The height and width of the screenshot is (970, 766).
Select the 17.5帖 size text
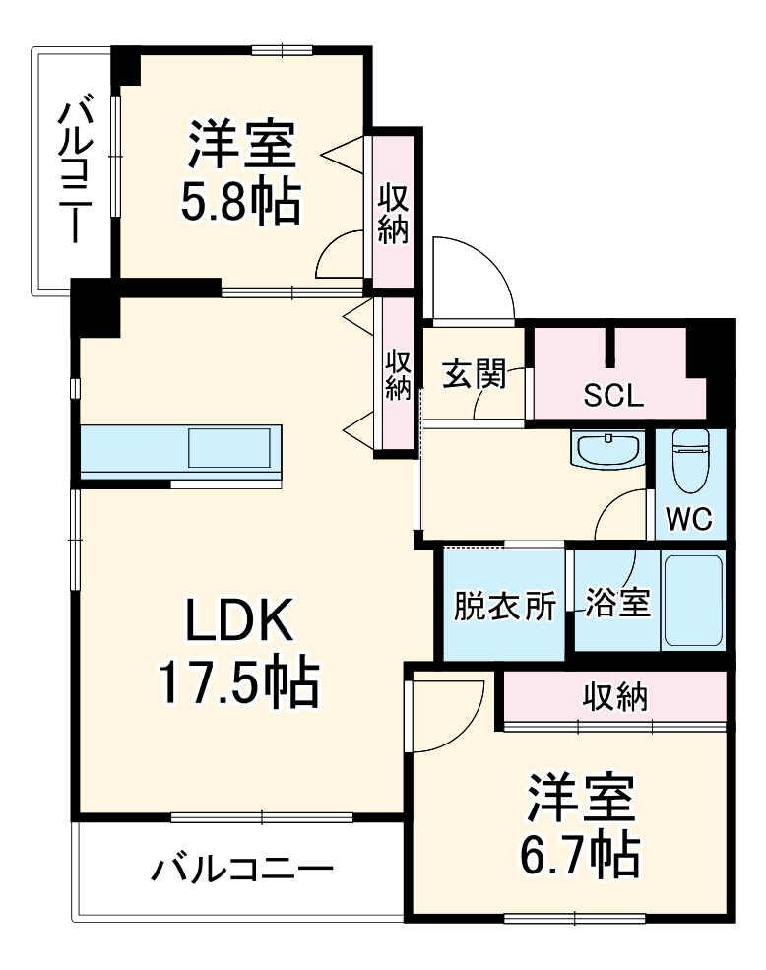[x=239, y=682]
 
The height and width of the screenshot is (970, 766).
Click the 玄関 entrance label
[x=474, y=374]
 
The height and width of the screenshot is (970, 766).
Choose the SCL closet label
[x=613, y=396]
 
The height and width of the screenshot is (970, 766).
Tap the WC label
[x=690, y=519]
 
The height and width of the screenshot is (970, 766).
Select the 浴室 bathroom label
[x=617, y=603]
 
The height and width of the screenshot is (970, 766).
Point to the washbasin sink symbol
[x=607, y=451]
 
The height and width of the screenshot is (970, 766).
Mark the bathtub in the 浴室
[x=693, y=601]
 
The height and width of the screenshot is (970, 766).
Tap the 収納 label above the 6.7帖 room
[x=616, y=697]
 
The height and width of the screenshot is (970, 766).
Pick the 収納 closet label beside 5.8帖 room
[x=395, y=212]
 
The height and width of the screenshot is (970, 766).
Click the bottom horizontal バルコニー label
[x=241, y=870]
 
